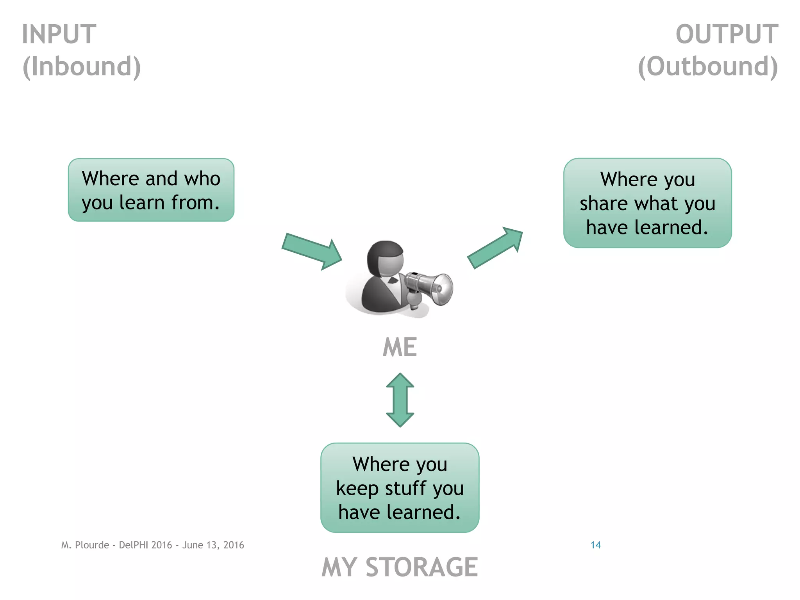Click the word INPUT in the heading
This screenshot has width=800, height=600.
click(59, 34)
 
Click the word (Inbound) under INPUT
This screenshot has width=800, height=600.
click(82, 66)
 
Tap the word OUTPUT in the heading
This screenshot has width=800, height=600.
click(727, 34)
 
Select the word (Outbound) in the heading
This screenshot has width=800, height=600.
click(708, 66)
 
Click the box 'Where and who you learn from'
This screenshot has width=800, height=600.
click(151, 190)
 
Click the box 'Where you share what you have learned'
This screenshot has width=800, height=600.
click(647, 203)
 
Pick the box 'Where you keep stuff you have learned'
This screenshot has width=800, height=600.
click(400, 488)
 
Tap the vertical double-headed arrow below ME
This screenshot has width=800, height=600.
click(400, 400)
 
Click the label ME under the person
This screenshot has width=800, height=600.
click(400, 347)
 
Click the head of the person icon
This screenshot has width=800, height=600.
click(386, 258)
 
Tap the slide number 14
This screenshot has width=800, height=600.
click(595, 545)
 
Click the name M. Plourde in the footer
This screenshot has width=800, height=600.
click(85, 545)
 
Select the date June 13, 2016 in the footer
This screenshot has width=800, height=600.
click(213, 545)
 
